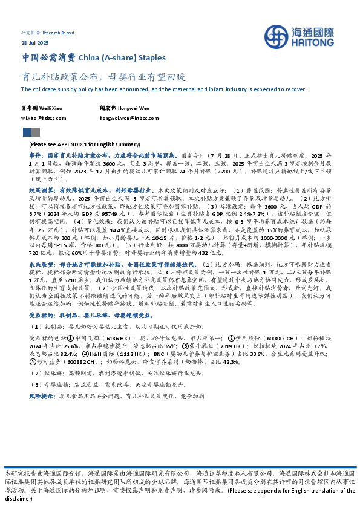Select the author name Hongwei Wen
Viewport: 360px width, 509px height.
point(134,108)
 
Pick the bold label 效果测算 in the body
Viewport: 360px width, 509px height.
point(41,190)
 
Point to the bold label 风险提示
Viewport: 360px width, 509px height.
point(41,395)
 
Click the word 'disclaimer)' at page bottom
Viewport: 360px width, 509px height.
point(18,499)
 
